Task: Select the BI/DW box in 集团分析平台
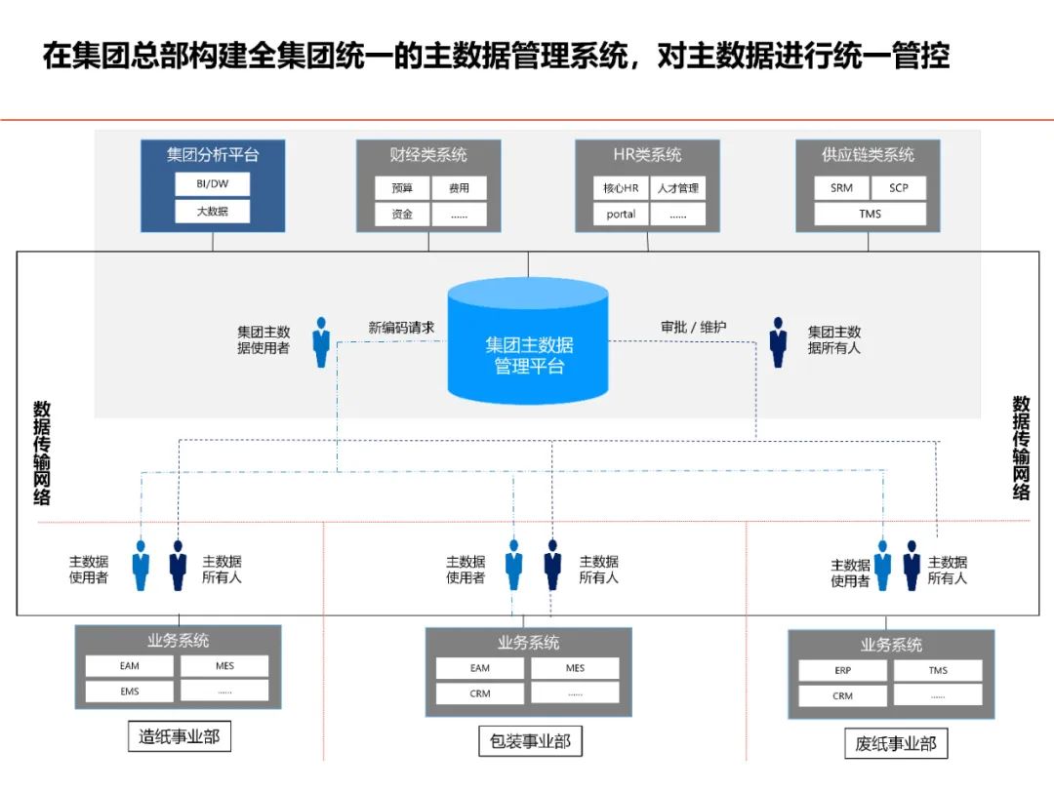coord(212,184)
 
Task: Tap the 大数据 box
coord(212,211)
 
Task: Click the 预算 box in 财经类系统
coord(402,188)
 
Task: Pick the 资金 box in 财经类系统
coord(402,215)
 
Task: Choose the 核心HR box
coord(621,188)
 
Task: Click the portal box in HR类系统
coord(621,215)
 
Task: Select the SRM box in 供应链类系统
coord(841,188)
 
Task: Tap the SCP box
coord(898,188)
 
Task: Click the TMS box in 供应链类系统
coord(869,214)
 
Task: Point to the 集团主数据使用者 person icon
coord(321,341)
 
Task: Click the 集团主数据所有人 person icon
coord(778,341)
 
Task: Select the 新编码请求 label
coord(401,328)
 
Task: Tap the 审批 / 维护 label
coord(693,328)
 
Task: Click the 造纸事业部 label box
coord(179,736)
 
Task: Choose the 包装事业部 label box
coord(529,741)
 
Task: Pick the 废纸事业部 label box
coord(895,744)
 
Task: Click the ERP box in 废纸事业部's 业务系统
coord(843,671)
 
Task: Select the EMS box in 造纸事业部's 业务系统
coord(130,691)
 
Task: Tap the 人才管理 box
coord(677,188)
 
